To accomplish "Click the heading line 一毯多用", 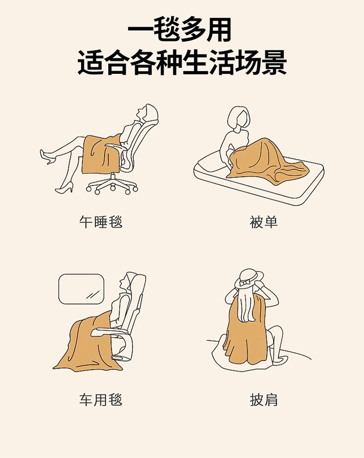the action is click(x=180, y=30).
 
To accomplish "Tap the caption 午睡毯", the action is click(x=101, y=222).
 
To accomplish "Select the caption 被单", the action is click(x=264, y=222).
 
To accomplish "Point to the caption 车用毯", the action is click(x=101, y=400).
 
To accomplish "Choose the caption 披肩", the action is click(x=264, y=400).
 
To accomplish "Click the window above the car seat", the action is click(x=82, y=289).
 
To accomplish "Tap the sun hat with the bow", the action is click(x=249, y=279).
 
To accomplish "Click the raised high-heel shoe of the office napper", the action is click(x=47, y=157).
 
